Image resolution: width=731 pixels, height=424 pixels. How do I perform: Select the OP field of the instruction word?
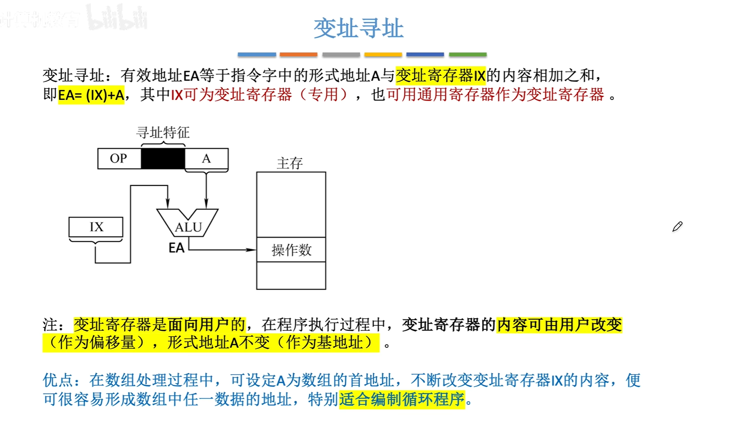(x=119, y=158)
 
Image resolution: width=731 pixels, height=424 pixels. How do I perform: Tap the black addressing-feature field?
(x=163, y=158)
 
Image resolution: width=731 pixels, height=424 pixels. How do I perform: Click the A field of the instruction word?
(x=206, y=158)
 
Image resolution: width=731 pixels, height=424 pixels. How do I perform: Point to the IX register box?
(x=96, y=227)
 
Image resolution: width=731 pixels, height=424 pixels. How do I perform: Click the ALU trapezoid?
(x=188, y=225)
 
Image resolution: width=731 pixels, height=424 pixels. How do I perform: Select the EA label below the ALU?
(x=176, y=248)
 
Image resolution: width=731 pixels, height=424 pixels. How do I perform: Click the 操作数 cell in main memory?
(x=291, y=250)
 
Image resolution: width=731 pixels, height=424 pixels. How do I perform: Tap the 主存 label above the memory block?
(x=290, y=163)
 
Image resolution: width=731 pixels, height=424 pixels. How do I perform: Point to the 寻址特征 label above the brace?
(x=163, y=133)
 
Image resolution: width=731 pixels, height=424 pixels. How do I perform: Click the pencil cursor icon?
(x=677, y=227)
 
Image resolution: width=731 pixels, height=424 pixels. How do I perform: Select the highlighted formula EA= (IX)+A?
(x=91, y=95)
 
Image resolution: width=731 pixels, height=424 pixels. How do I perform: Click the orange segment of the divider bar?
(x=298, y=55)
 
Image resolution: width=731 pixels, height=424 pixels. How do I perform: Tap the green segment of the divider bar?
(x=468, y=55)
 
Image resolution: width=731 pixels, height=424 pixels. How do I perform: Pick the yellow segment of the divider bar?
(x=383, y=55)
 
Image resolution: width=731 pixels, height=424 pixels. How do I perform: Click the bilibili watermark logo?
(x=117, y=18)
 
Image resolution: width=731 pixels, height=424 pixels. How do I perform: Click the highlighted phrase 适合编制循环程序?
(x=402, y=399)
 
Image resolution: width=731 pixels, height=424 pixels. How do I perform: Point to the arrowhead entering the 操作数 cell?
(x=252, y=250)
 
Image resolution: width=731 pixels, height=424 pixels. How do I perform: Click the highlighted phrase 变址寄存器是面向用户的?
(x=160, y=325)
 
